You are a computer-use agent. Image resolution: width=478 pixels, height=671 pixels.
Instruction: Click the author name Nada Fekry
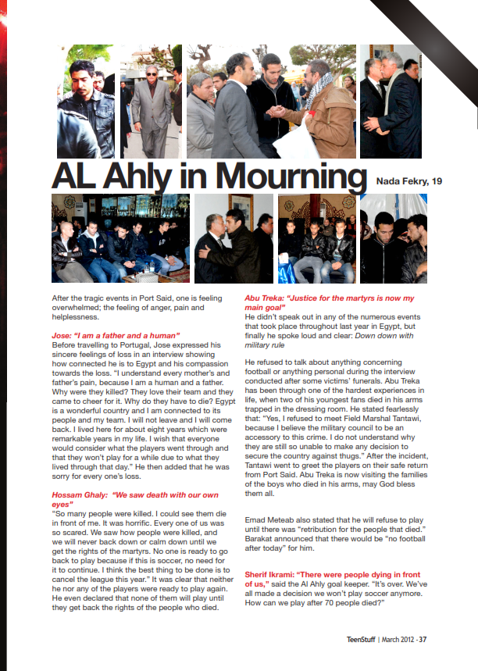pyautogui.click(x=401, y=181)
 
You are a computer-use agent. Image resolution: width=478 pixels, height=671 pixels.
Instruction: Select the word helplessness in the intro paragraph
pyautogui.click(x=80, y=317)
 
